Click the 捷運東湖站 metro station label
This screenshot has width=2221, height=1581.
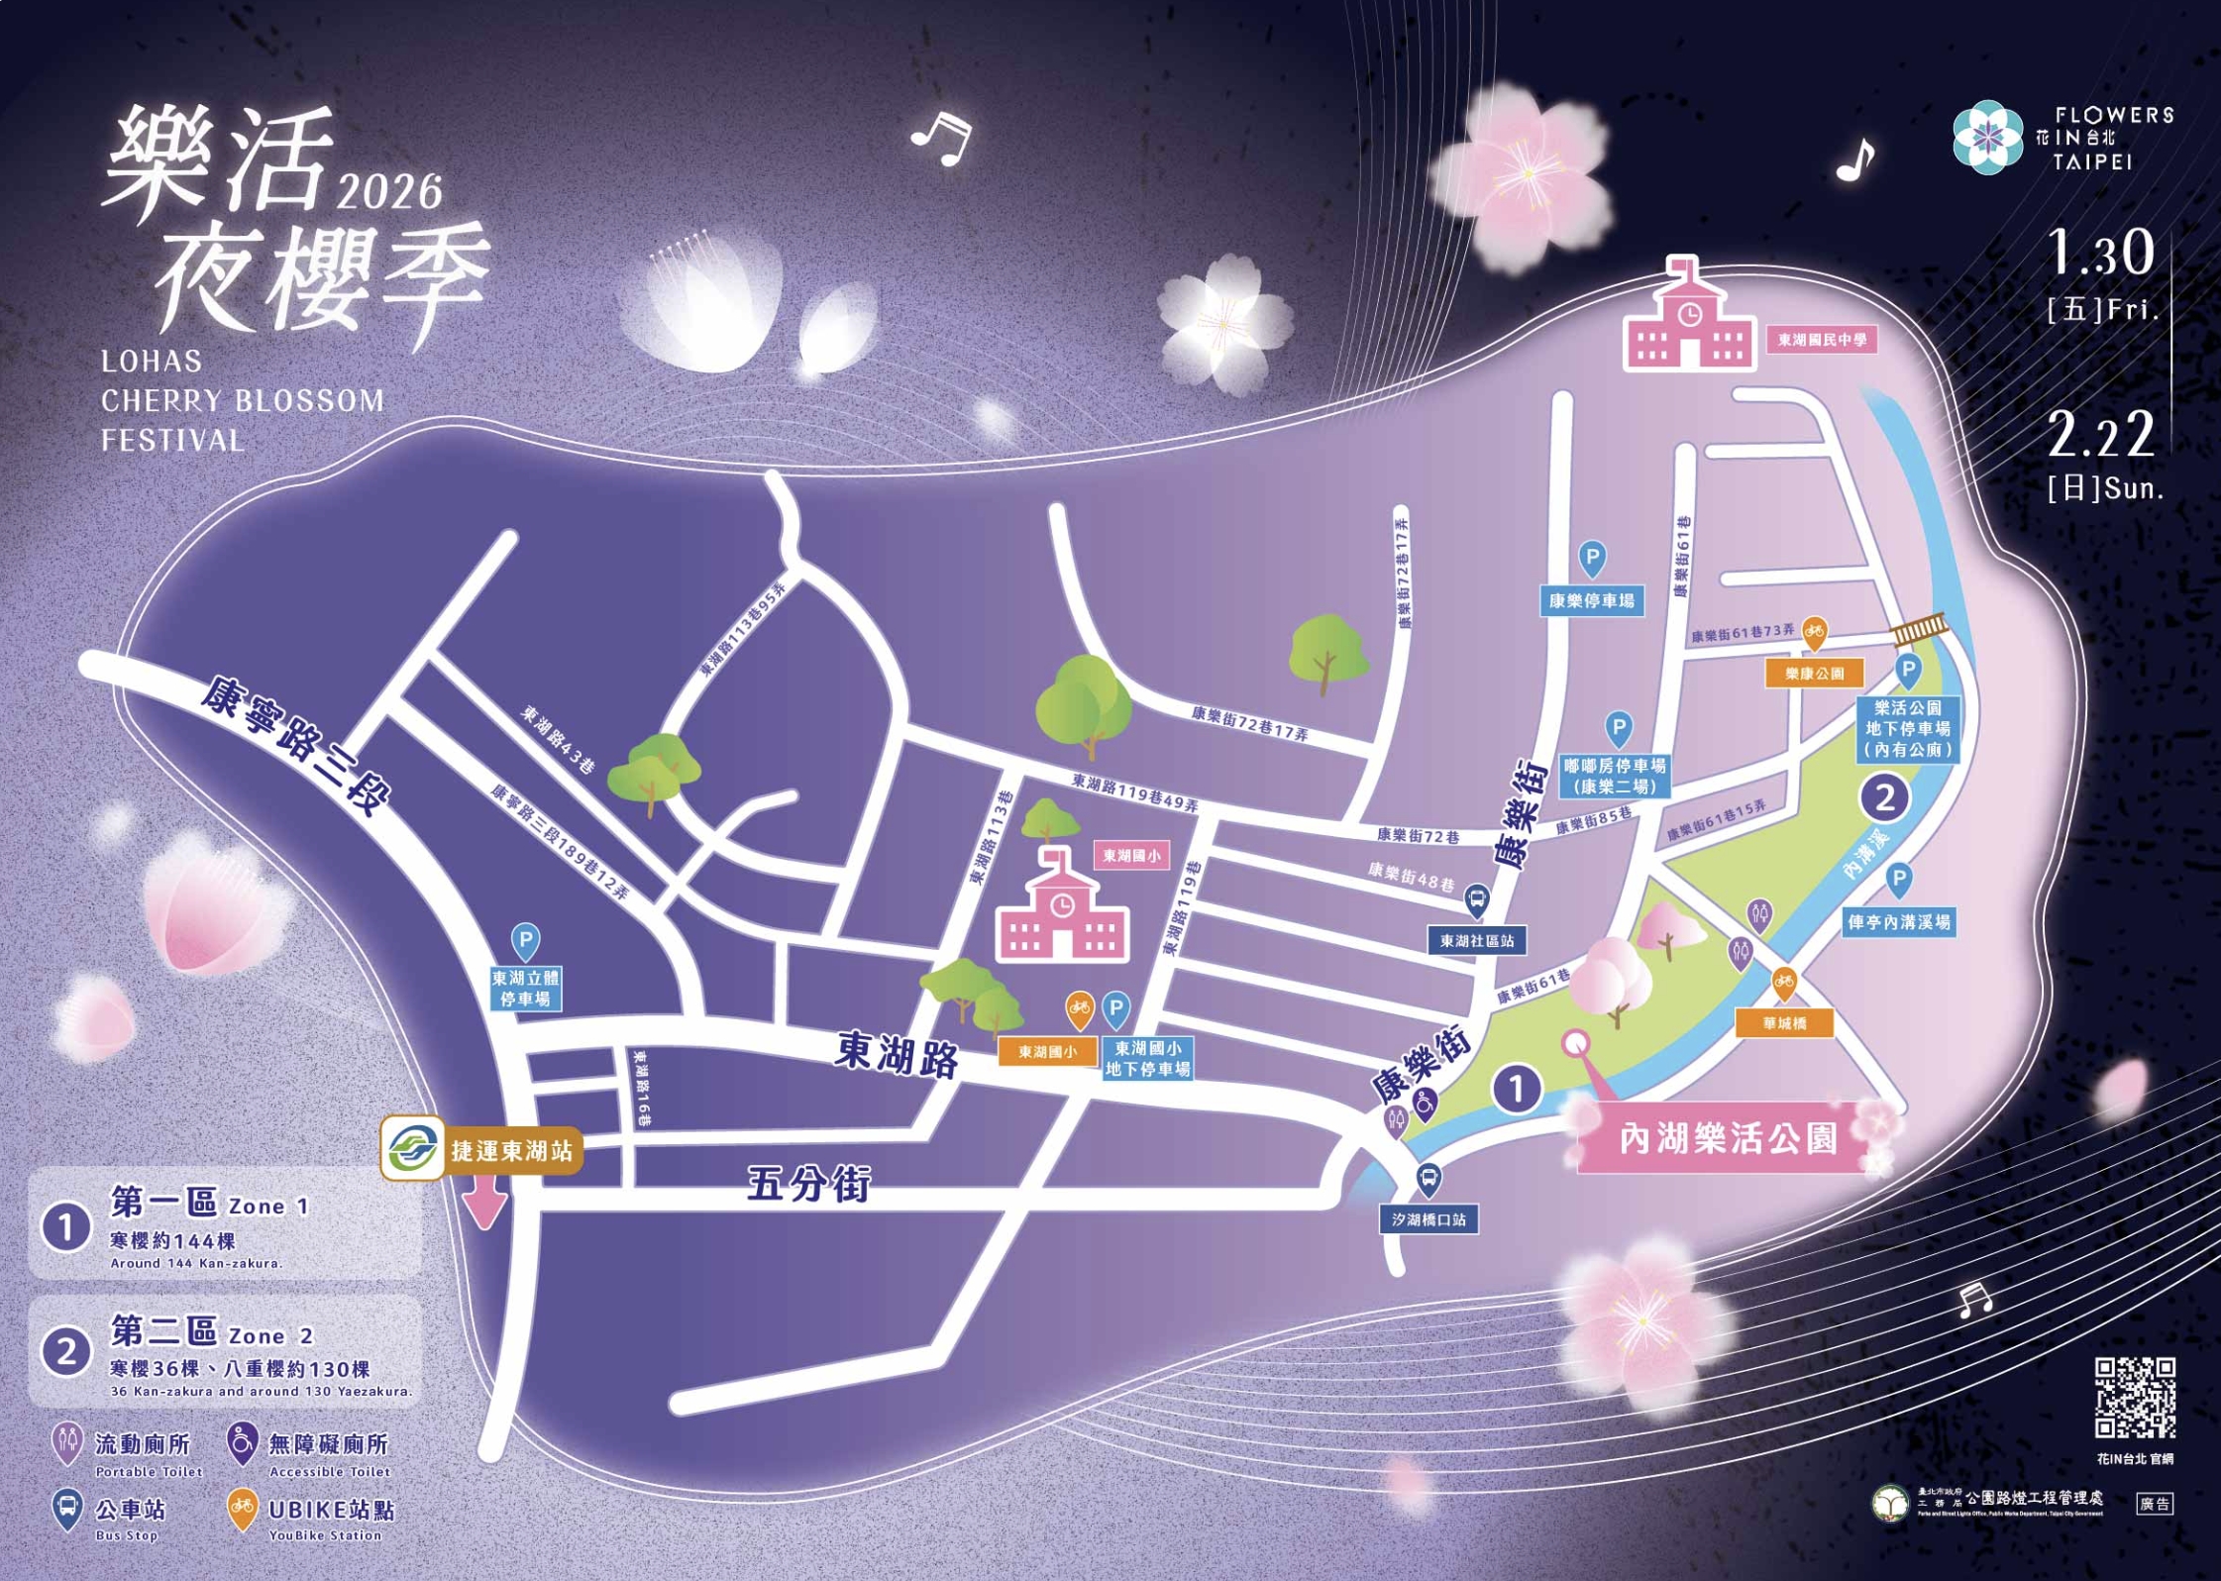(x=511, y=1150)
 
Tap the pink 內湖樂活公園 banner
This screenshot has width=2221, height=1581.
(x=1728, y=1138)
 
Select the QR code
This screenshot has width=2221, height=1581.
(x=2135, y=1398)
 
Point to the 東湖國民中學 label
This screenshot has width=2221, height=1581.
(x=1822, y=340)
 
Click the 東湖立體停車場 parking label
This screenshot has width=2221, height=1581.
(x=525, y=989)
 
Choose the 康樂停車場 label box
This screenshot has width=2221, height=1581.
(x=1592, y=600)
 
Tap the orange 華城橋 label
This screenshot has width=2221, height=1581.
(x=1784, y=1023)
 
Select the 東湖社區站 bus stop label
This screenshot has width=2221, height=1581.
(x=1477, y=940)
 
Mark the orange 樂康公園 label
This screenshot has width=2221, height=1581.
(x=1815, y=674)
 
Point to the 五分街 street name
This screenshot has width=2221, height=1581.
(x=808, y=1184)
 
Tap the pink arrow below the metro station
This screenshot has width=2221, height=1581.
(x=485, y=1206)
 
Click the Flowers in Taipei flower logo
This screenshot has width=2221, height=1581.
(x=1987, y=137)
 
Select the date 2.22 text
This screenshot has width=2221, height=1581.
(x=2100, y=436)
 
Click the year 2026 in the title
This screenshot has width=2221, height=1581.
(x=389, y=191)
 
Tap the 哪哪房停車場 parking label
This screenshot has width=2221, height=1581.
(x=1615, y=776)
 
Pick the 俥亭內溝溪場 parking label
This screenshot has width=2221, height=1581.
(x=1899, y=922)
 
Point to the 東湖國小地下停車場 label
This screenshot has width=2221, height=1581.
(x=1147, y=1059)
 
